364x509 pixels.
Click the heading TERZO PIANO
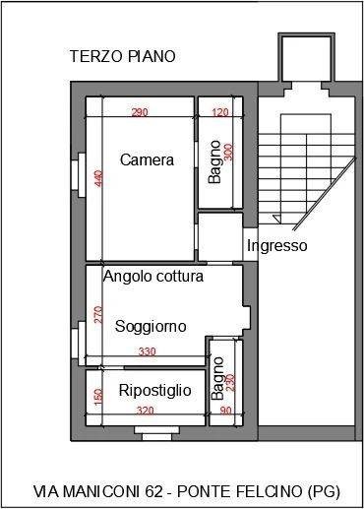click(123, 56)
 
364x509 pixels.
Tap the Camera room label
click(147, 159)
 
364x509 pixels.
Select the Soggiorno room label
click(151, 326)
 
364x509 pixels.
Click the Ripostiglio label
click(154, 391)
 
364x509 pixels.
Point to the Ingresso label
click(277, 245)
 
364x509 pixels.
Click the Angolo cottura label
click(153, 277)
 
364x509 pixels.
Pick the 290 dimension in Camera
click(140, 112)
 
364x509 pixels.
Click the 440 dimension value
click(98, 178)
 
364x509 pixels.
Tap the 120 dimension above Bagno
click(220, 112)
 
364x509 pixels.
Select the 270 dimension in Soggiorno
click(98, 314)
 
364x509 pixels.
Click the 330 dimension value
click(147, 351)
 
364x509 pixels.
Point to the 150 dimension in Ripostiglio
click(98, 397)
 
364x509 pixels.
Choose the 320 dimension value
click(146, 411)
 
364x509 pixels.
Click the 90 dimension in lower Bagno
click(225, 411)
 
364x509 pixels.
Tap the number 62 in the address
click(153, 491)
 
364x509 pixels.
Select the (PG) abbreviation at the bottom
click(324, 491)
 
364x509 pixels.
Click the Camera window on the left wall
click(79, 170)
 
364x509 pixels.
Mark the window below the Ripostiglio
click(156, 433)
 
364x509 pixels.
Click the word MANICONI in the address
click(102, 491)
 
